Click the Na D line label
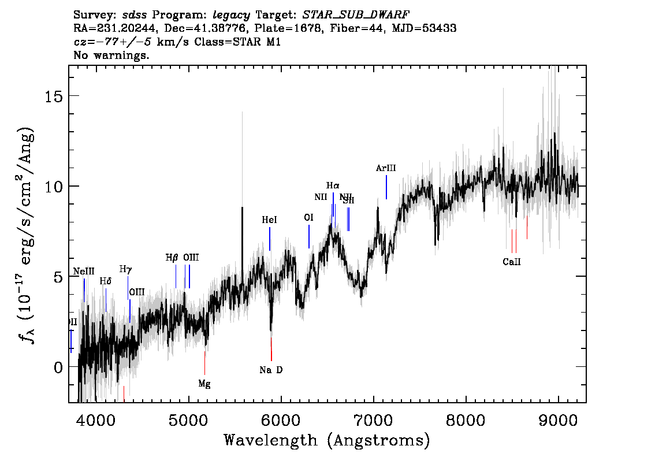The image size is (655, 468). pyautogui.click(x=271, y=370)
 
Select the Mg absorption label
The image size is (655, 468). pyautogui.click(x=204, y=384)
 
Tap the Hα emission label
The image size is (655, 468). pyautogui.click(x=333, y=185)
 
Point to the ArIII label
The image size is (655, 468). pyautogui.click(x=386, y=168)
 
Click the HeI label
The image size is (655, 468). pyautogui.click(x=269, y=220)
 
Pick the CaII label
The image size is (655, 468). pyautogui.click(x=512, y=262)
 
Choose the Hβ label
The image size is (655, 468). pyautogui.click(x=172, y=258)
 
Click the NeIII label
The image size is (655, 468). pyautogui.click(x=84, y=272)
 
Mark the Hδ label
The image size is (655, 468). pyautogui.click(x=105, y=281)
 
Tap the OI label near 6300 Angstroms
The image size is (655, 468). pyautogui.click(x=308, y=218)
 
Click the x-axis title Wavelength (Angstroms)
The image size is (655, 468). pyautogui.click(x=327, y=441)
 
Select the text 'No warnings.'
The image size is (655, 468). pyautogui.click(x=112, y=55)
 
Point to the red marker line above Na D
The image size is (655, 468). pyautogui.click(x=271, y=349)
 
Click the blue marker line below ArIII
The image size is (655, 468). pyautogui.click(x=386, y=187)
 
